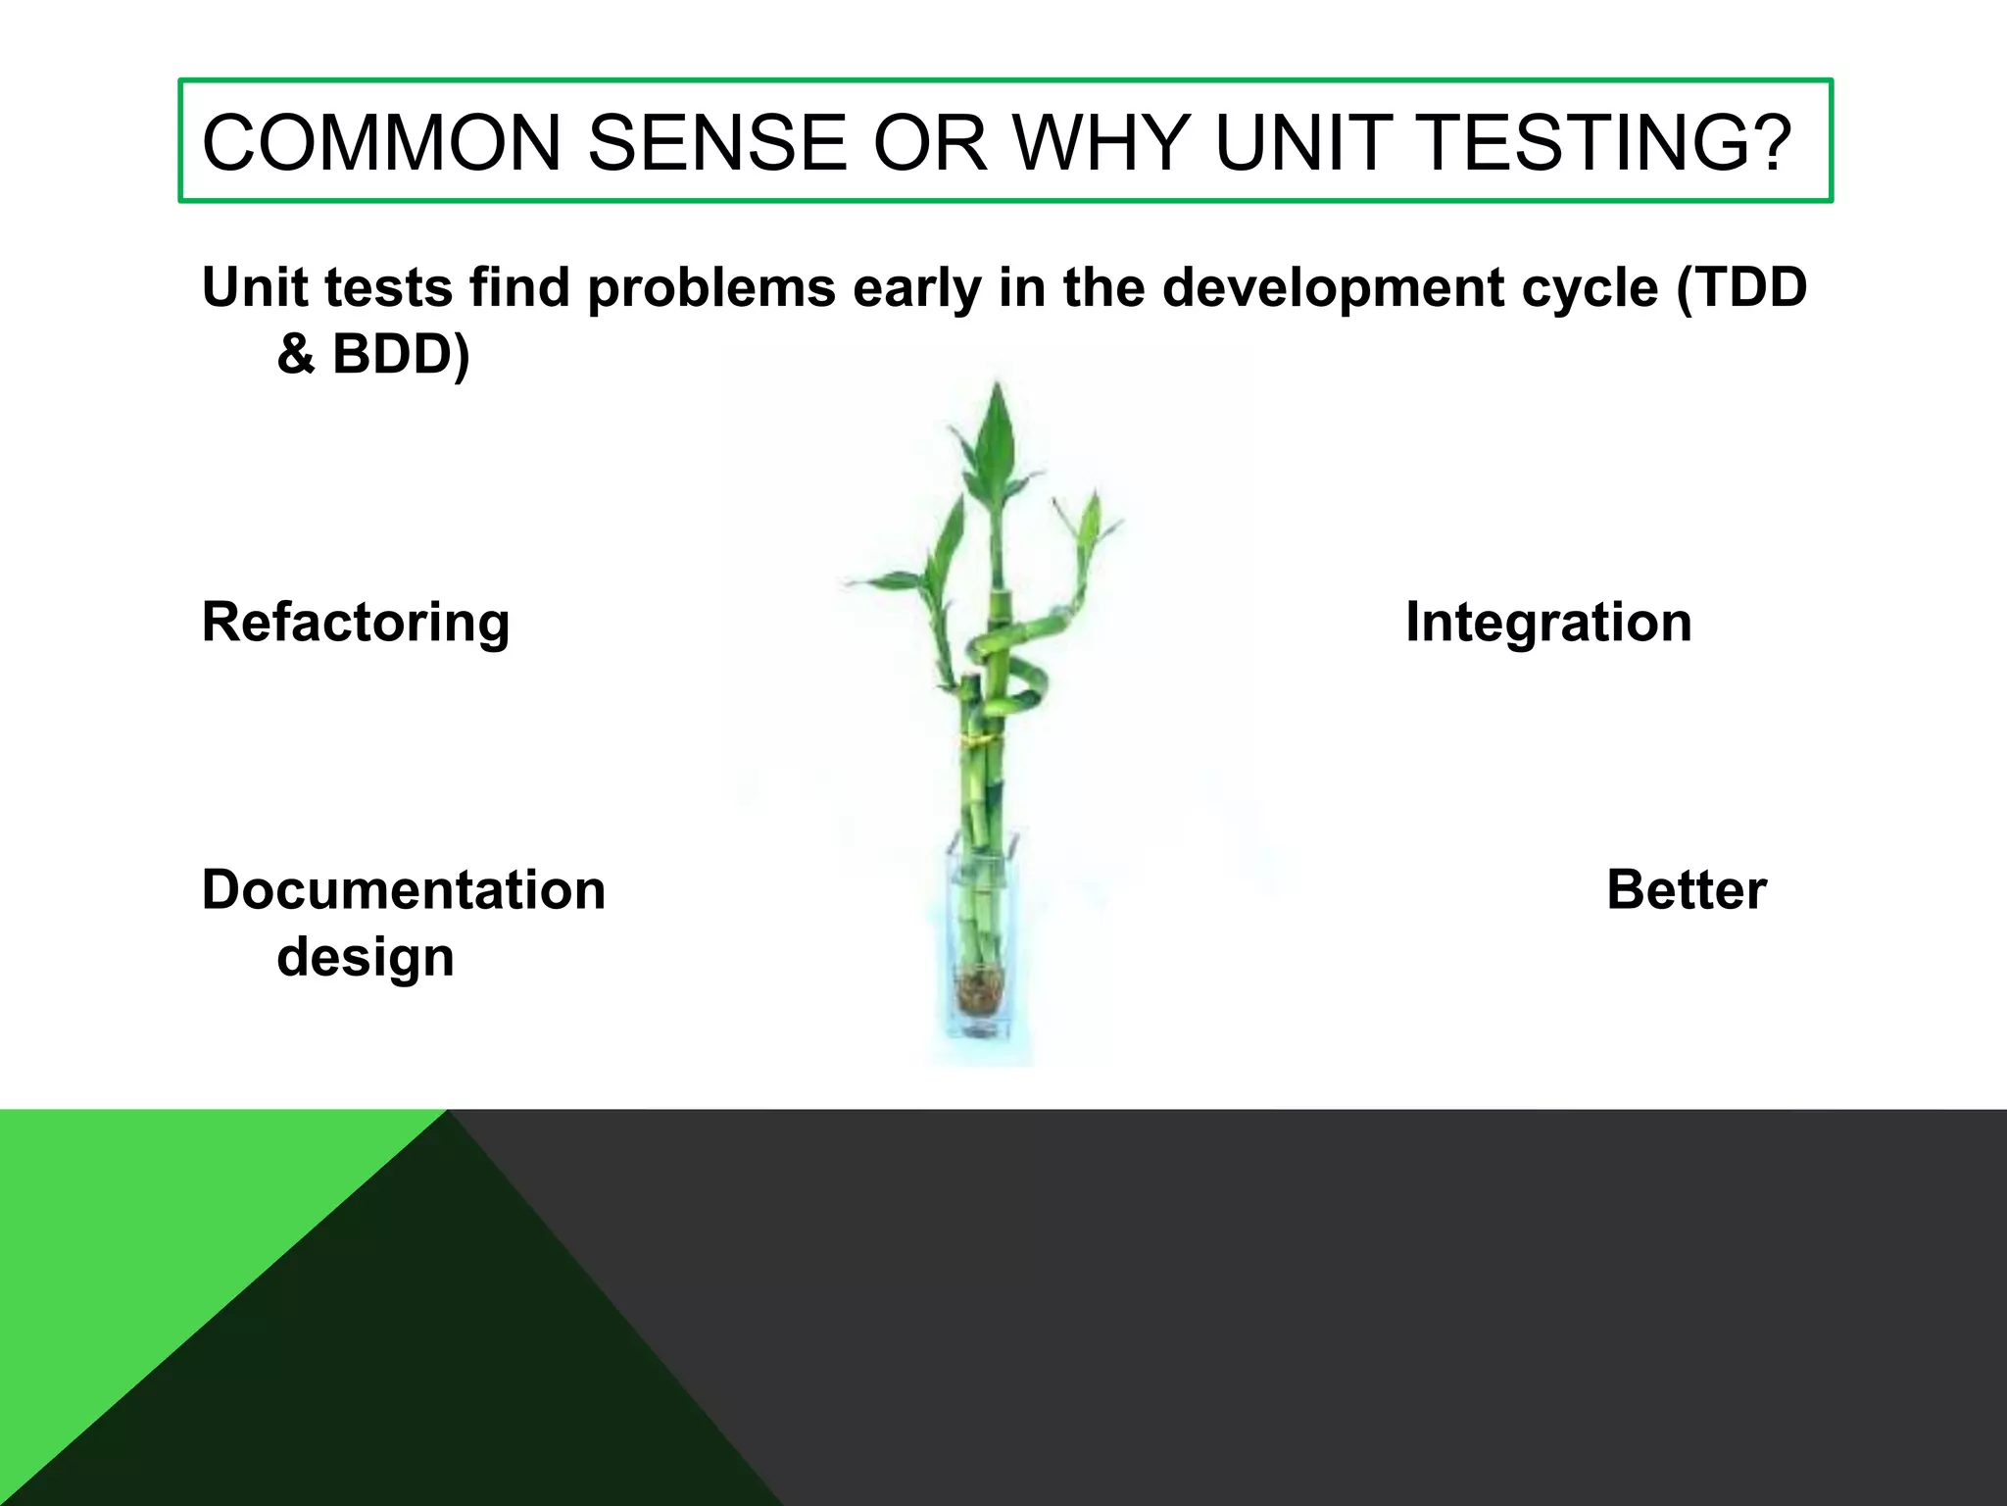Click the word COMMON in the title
click(x=381, y=143)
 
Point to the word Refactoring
click(x=356, y=624)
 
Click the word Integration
click(x=1548, y=622)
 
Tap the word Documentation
click(x=404, y=890)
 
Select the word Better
click(x=1686, y=890)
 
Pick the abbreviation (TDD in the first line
click(x=1741, y=287)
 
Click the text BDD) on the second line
click(x=401, y=354)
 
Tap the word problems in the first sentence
click(x=710, y=289)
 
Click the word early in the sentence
click(x=917, y=289)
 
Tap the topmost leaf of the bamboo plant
click(x=997, y=431)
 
